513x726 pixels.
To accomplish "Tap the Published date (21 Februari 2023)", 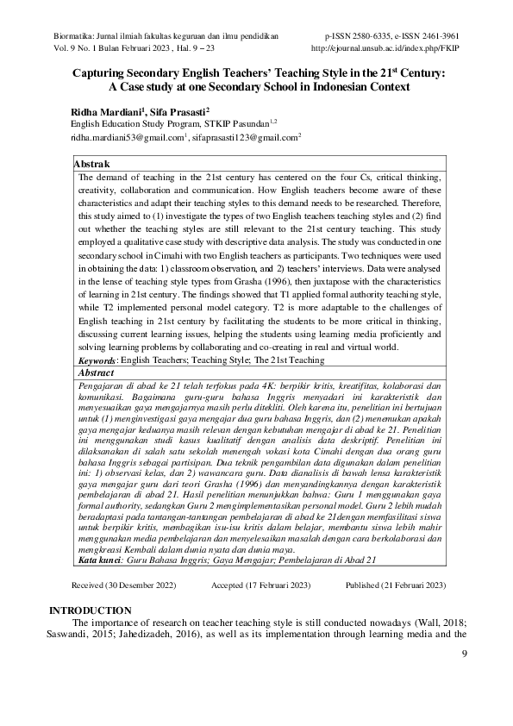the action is tap(396, 585).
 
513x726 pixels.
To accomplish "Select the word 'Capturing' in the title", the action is tap(100, 73).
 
